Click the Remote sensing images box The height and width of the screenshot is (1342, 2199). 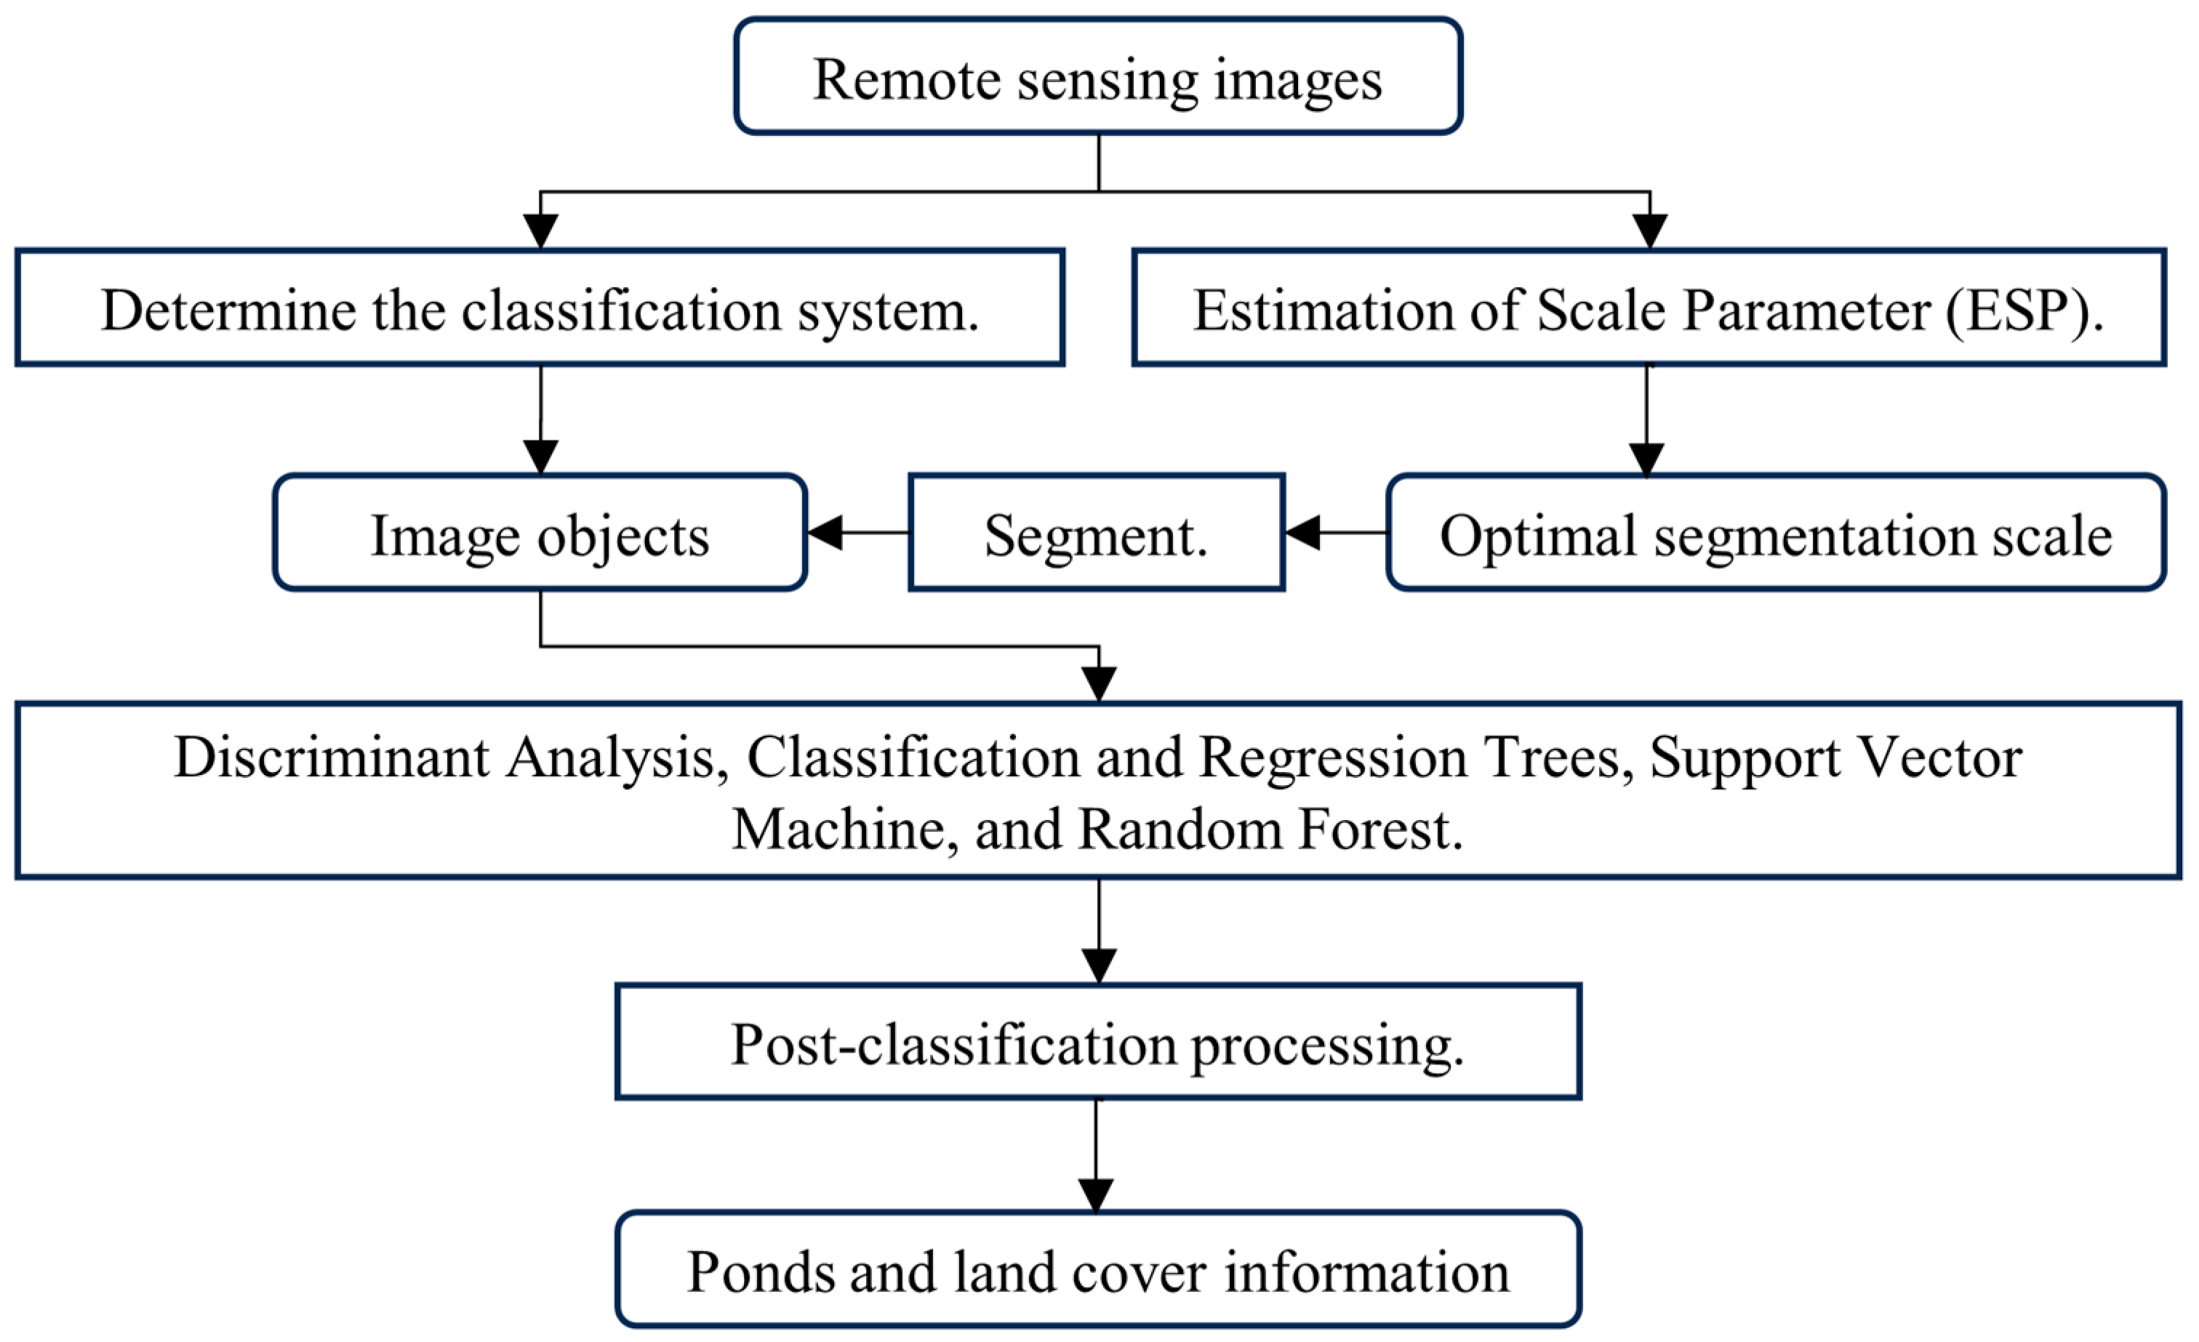(1098, 78)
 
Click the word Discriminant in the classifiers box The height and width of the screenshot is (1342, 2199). (332, 758)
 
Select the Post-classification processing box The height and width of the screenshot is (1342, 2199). (1098, 1043)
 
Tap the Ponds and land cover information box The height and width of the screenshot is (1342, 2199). (1098, 1271)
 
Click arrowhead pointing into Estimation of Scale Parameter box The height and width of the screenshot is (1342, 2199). (1649, 231)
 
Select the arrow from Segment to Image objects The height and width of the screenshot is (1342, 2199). (857, 533)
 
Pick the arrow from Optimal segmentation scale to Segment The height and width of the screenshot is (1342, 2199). (1335, 533)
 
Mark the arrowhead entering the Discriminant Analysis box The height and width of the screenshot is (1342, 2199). (1099, 684)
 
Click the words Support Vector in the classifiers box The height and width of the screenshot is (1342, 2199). (1835, 758)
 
